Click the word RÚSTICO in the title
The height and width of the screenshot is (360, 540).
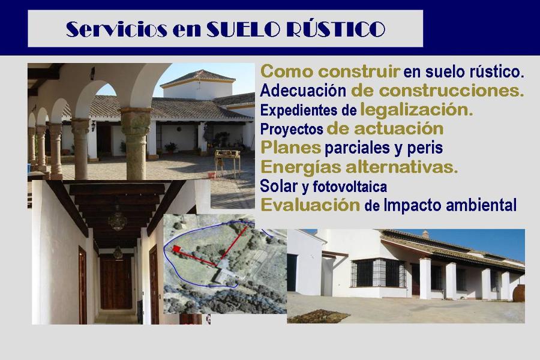(x=335, y=29)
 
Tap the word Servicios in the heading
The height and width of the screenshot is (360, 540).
(x=116, y=29)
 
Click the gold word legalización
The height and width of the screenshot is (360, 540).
(x=416, y=110)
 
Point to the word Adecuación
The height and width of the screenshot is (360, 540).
(x=303, y=91)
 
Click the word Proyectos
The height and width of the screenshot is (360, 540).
(x=292, y=129)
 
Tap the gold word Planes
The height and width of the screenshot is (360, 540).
(x=290, y=148)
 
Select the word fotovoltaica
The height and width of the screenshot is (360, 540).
(x=350, y=187)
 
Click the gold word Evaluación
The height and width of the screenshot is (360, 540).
(x=310, y=205)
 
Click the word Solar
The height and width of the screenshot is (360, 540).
(x=279, y=187)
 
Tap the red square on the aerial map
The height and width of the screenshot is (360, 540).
(x=176, y=249)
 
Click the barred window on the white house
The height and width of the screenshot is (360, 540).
(x=378, y=273)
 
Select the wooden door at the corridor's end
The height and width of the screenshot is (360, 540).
(x=116, y=281)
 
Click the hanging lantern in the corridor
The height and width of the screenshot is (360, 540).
(x=118, y=220)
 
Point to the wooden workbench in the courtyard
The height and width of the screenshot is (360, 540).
(x=227, y=162)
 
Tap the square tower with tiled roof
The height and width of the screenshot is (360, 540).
(x=197, y=85)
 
